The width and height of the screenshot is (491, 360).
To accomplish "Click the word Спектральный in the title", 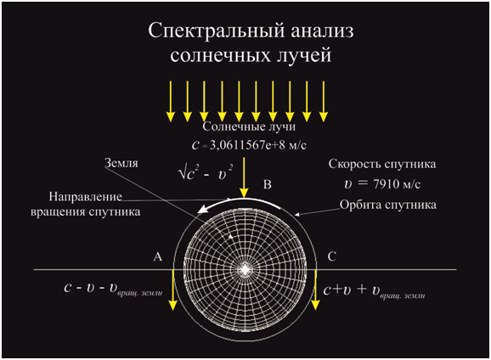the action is (217, 31).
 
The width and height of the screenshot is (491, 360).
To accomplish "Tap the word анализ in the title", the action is (323, 31).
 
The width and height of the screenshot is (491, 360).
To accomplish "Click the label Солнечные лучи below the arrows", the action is (249, 127).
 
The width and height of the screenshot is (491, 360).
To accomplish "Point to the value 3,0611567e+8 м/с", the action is (258, 145).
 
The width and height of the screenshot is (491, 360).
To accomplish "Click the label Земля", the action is (121, 163).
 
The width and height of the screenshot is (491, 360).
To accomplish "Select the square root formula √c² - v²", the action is (206, 172).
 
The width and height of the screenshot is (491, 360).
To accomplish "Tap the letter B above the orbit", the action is (267, 185).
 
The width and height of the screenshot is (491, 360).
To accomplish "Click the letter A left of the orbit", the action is (157, 256).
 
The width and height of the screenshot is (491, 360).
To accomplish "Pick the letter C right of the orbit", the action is (332, 256).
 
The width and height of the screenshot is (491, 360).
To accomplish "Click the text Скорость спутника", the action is (382, 164).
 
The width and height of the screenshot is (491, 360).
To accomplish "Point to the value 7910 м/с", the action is (397, 184).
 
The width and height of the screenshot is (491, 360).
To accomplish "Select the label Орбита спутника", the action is (388, 205).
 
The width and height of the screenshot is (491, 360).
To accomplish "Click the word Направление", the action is (86, 197).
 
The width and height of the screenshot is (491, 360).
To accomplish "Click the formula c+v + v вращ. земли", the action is (374, 290).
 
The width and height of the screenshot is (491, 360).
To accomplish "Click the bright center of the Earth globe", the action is (245, 269).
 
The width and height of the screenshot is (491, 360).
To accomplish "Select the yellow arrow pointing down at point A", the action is (172, 290).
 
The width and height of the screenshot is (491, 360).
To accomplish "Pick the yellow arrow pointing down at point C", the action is (315, 290).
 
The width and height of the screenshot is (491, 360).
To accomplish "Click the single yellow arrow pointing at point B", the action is (244, 177).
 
